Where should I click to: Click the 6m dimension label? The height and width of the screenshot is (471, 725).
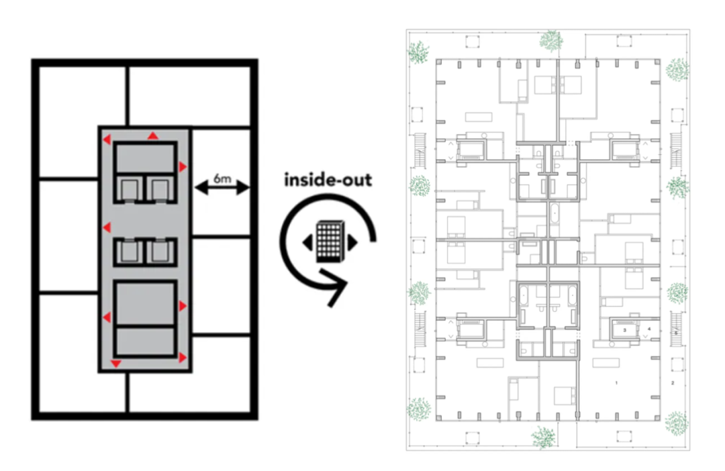pyautogui.click(x=222, y=178)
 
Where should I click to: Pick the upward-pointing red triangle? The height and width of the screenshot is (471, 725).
pyautogui.click(x=153, y=136)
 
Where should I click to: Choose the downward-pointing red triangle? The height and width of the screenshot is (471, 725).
pyautogui.click(x=115, y=364)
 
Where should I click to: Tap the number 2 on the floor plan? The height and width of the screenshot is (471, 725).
pyautogui.click(x=672, y=382)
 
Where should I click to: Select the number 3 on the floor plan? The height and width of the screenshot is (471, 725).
pyautogui.click(x=624, y=330)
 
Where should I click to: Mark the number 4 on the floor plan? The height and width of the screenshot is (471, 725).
pyautogui.click(x=649, y=329)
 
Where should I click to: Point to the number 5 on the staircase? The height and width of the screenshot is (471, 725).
pyautogui.click(x=676, y=333)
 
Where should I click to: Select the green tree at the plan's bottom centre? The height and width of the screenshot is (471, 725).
pyautogui.click(x=542, y=437)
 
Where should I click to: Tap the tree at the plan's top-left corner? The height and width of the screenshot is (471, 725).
pyautogui.click(x=420, y=52)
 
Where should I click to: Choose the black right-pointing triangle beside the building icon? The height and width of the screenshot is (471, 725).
pyautogui.click(x=351, y=242)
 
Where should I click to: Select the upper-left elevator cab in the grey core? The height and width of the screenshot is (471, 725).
pyautogui.click(x=128, y=191)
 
